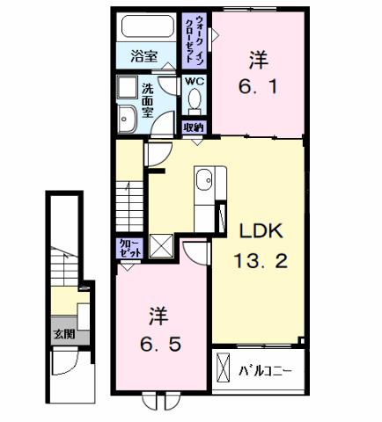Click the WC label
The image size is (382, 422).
(x=194, y=82)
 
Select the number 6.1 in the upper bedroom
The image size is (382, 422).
(x=257, y=88)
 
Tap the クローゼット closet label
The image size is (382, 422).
(x=128, y=247)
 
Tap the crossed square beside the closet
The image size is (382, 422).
(x=161, y=245)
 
